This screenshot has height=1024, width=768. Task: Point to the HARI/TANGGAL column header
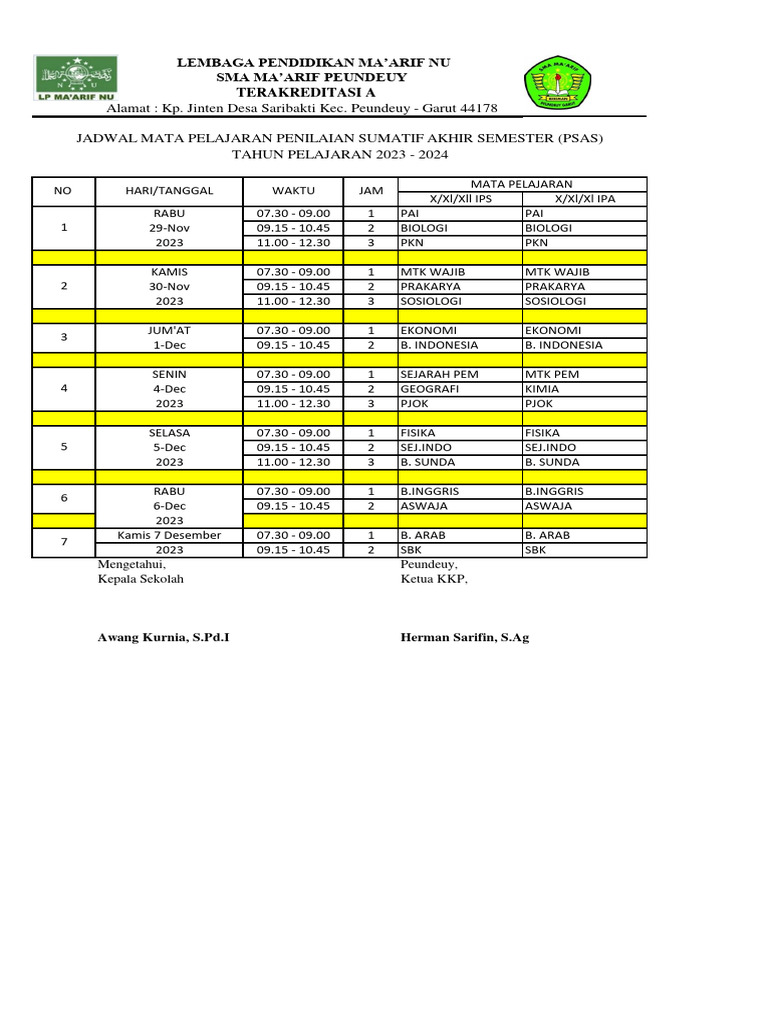coord(169,190)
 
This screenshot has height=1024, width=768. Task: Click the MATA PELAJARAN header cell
coord(521,184)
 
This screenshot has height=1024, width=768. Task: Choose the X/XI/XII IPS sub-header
coord(460,199)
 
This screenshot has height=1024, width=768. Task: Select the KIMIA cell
coord(541,388)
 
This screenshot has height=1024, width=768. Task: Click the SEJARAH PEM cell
coord(439,374)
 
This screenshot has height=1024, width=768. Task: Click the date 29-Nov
coord(169,228)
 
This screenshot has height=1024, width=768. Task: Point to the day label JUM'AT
coord(169,330)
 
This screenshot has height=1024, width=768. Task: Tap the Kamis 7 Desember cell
coord(169,535)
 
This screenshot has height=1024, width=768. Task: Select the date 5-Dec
coord(169,447)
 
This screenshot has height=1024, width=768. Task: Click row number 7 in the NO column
coord(65,542)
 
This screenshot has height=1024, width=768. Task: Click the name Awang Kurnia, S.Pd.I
coord(163,637)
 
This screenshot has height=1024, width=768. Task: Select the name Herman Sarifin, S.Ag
coord(465,637)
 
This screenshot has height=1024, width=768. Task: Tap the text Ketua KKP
coord(434,579)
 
